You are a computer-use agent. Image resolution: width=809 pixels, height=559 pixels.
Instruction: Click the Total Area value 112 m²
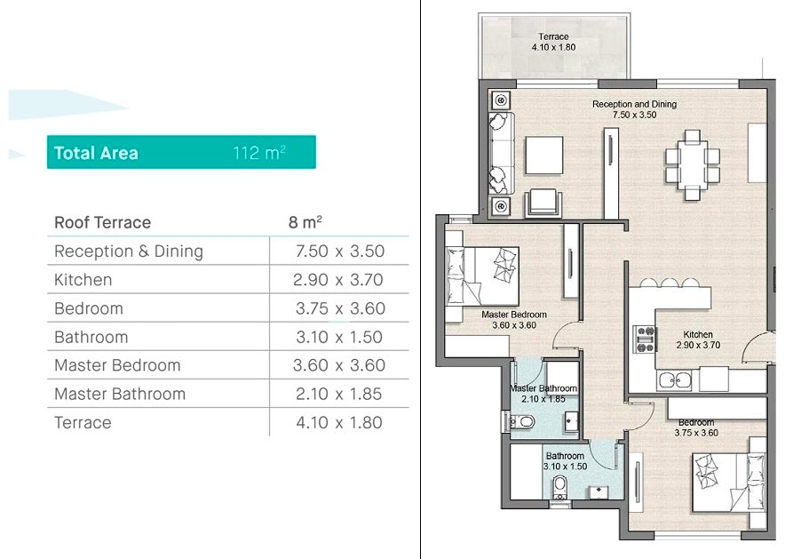[259, 152]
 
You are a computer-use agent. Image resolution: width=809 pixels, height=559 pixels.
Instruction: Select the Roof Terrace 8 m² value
[305, 222]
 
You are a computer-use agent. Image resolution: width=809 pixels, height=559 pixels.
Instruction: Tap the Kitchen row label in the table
[83, 280]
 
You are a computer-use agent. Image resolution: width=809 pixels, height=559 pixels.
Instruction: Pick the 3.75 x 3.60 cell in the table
[340, 308]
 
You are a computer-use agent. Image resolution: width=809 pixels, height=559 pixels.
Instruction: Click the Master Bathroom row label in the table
[120, 394]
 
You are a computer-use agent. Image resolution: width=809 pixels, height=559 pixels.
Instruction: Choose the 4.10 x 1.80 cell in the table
[339, 422]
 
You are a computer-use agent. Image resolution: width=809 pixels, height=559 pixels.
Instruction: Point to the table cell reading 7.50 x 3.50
[340, 251]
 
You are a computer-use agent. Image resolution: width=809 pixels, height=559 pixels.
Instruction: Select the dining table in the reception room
[693, 165]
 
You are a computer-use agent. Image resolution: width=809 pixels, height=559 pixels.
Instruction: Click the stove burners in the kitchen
[645, 339]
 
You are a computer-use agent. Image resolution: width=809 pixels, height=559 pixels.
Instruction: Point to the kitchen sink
[674, 380]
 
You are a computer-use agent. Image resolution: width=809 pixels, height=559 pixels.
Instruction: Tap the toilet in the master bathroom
[520, 422]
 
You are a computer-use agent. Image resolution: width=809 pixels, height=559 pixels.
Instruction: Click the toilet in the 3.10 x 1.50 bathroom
[559, 487]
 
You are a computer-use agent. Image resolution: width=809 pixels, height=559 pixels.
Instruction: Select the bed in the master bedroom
[482, 276]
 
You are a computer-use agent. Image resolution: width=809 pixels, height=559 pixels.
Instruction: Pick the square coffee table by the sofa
[544, 155]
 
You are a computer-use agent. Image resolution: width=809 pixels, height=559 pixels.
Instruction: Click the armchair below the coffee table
[543, 203]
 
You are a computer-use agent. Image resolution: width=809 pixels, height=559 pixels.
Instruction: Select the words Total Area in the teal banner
[96, 153]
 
